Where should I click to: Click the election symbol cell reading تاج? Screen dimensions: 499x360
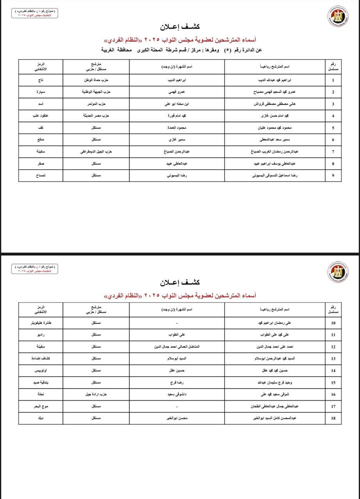[x=41, y=80]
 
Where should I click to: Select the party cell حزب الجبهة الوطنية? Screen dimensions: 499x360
[x=96, y=92]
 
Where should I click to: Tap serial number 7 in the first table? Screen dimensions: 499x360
[x=333, y=152]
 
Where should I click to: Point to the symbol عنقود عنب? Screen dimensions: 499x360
[x=41, y=116]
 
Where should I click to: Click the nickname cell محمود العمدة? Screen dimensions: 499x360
[x=177, y=128]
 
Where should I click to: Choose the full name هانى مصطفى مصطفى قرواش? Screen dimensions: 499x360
[x=275, y=104]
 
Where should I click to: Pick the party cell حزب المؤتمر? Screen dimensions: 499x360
[x=96, y=104]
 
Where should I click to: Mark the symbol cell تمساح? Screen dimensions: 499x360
[x=41, y=176]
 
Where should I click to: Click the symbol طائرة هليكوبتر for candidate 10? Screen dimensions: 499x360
[x=41, y=323]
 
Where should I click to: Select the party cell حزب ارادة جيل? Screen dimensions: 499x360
[x=96, y=395]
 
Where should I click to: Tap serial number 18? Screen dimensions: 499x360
[x=333, y=418]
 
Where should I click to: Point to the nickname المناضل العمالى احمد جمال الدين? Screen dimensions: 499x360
[x=177, y=347]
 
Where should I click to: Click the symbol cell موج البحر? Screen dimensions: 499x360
[x=41, y=406]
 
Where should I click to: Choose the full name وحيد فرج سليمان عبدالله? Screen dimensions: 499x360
[x=275, y=383]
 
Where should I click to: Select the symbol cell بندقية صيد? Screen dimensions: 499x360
[x=41, y=383]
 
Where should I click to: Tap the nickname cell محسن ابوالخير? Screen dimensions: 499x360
[x=177, y=418]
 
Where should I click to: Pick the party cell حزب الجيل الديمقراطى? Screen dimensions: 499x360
[x=96, y=152]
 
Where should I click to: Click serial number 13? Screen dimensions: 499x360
[x=333, y=359]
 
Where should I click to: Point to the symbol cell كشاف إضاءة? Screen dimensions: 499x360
[x=41, y=359]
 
